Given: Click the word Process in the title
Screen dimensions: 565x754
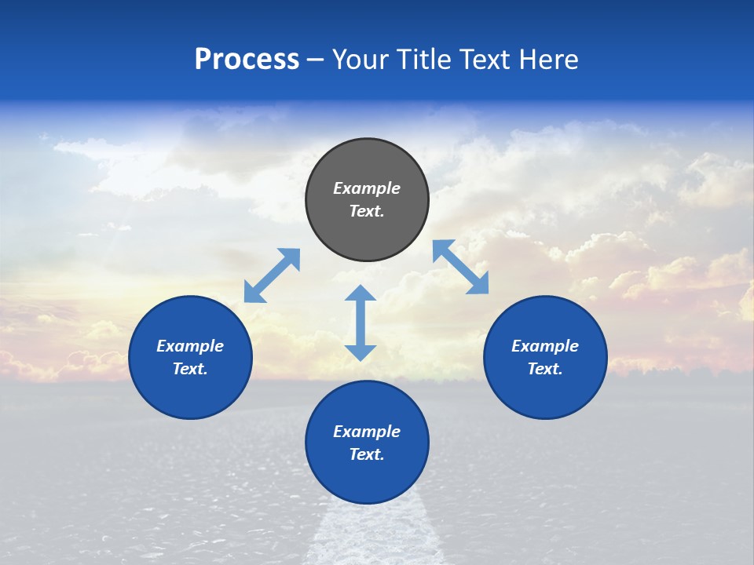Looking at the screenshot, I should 247,60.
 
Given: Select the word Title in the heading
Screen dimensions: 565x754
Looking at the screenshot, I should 427,60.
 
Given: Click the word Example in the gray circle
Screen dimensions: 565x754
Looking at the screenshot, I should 367,188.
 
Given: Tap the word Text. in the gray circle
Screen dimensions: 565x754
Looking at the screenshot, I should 367,211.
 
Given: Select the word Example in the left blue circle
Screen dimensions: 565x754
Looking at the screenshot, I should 190,346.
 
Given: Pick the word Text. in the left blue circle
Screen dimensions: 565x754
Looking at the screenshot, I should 190,369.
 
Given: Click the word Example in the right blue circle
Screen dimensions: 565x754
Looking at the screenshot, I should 545,346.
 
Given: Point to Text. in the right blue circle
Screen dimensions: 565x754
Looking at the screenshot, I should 545,369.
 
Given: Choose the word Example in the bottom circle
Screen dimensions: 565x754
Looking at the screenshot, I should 367,432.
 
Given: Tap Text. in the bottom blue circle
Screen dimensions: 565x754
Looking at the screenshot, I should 367,454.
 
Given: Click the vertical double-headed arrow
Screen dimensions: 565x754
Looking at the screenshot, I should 361,323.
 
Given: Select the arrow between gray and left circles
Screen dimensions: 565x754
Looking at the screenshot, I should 272,275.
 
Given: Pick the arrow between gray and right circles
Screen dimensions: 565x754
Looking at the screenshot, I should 461,267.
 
